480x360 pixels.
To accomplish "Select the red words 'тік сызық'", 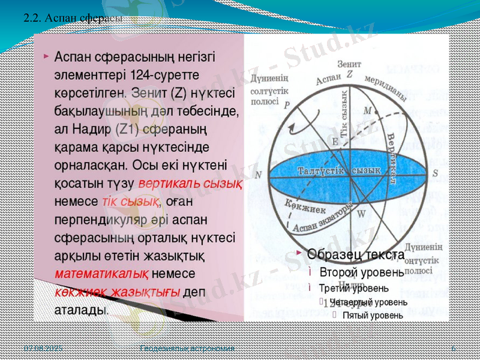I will pyautogui.click(x=131, y=200).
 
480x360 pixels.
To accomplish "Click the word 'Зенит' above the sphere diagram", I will pyautogui.click(x=349, y=62).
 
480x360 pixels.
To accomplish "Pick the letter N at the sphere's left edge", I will pyautogui.click(x=259, y=175).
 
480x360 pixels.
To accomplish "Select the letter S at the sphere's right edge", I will pyautogui.click(x=436, y=173).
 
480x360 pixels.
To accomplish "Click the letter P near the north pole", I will pyautogui.click(x=287, y=103).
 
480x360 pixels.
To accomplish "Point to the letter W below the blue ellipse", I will pyautogui.click(x=361, y=213).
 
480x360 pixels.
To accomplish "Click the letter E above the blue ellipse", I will pyautogui.click(x=335, y=142).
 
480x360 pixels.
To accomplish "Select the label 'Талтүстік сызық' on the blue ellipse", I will pyautogui.click(x=339, y=171).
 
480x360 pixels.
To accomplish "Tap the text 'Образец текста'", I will pyautogui.click(x=356, y=254).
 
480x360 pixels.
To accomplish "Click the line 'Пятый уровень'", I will pyautogui.click(x=373, y=315).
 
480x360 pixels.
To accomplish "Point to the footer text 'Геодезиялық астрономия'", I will pyautogui.click(x=187, y=349).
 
